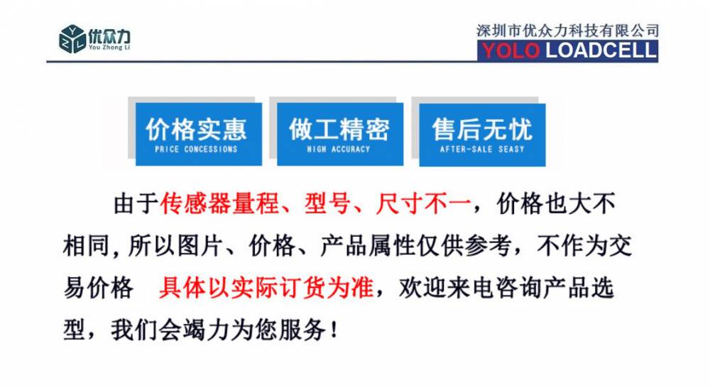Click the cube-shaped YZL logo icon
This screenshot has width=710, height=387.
pos(72,39)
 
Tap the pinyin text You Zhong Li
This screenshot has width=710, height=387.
pos(109,47)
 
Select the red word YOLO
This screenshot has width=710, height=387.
pos(510,50)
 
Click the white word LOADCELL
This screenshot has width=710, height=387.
pos(601,50)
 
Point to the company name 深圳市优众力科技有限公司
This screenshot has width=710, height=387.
pos(567,30)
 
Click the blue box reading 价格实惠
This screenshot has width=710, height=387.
pos(199,134)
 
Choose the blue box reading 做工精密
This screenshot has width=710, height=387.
pos(340,134)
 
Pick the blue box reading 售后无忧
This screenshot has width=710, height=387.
pos(482,135)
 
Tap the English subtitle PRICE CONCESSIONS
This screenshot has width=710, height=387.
pos(196,149)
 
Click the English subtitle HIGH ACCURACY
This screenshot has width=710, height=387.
pos(339,149)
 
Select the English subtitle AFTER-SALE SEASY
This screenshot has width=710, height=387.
pos(482,149)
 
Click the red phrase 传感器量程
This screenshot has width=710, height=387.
pos(219,203)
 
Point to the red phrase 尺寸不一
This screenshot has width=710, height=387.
pos(423,203)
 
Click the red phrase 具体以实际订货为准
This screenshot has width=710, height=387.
pos(266,288)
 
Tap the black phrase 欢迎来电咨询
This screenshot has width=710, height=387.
pos(470,288)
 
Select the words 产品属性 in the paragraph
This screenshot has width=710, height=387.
pos(367,246)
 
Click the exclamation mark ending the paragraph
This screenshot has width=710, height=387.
pos(334,330)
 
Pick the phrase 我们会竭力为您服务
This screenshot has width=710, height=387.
pos(219,330)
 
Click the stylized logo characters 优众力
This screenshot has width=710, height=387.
pos(109,35)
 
